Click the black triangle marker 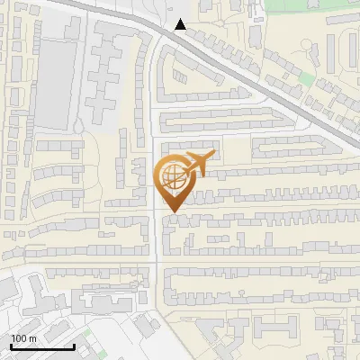tap(181, 24)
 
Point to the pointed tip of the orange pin tap(171, 211)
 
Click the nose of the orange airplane tap(211, 157)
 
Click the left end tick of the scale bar tap(11, 345)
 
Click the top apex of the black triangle tap(181, 19)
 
